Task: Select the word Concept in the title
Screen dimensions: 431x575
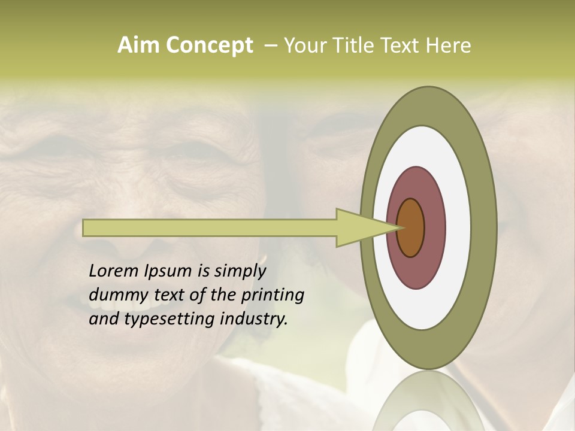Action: coord(210,46)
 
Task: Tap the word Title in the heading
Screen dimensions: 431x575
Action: coord(356,45)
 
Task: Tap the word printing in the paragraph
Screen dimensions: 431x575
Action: coord(273,295)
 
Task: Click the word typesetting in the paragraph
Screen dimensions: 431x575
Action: coord(170,319)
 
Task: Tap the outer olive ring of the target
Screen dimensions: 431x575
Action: coord(485,227)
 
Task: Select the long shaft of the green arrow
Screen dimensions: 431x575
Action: coord(210,227)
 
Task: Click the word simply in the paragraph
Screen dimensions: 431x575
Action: coord(239,271)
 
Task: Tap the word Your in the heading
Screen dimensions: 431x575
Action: coord(305,45)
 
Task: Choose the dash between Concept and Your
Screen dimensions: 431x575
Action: coord(270,45)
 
